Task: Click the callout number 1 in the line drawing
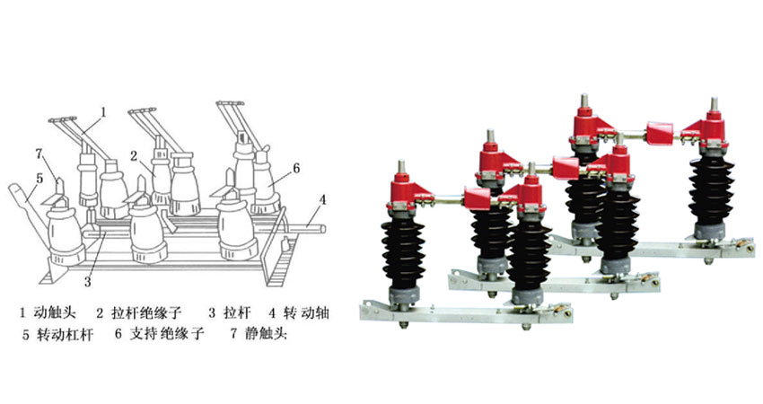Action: (103, 112)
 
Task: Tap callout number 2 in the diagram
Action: (135, 155)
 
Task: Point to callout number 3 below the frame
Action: (88, 281)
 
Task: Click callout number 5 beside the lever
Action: (39, 179)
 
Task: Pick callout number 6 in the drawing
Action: (295, 169)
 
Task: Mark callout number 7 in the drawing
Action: (39, 154)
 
